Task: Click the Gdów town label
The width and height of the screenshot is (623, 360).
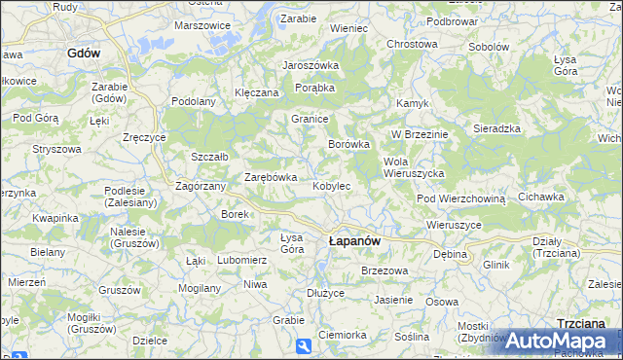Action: click(x=85, y=54)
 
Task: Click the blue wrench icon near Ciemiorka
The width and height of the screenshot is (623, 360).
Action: click(x=304, y=345)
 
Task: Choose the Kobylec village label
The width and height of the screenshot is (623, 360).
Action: click(x=331, y=185)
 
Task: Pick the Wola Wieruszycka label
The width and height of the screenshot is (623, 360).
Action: click(x=414, y=166)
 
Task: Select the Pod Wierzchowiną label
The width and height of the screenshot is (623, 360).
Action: click(x=461, y=198)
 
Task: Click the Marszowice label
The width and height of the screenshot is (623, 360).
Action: click(x=202, y=25)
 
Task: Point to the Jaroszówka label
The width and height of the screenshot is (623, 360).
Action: click(x=310, y=65)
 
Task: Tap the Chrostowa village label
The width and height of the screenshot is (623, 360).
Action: click(x=412, y=45)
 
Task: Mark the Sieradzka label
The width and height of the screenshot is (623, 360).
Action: click(x=496, y=128)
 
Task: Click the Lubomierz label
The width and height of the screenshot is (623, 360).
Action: click(x=241, y=261)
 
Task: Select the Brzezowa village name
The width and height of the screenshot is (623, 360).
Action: click(x=383, y=270)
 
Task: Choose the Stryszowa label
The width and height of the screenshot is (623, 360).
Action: click(x=56, y=149)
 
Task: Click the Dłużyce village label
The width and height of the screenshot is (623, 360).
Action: click(x=325, y=292)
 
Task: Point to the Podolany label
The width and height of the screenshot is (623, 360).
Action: click(x=193, y=101)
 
